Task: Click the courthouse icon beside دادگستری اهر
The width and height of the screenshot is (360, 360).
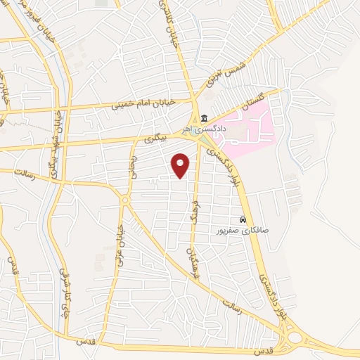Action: point(204,117)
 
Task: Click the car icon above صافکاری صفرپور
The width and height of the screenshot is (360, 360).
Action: point(243,219)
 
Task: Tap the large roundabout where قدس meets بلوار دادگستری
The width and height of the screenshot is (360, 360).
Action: point(295,338)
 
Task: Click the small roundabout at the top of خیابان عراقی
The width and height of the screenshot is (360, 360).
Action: point(124,202)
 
